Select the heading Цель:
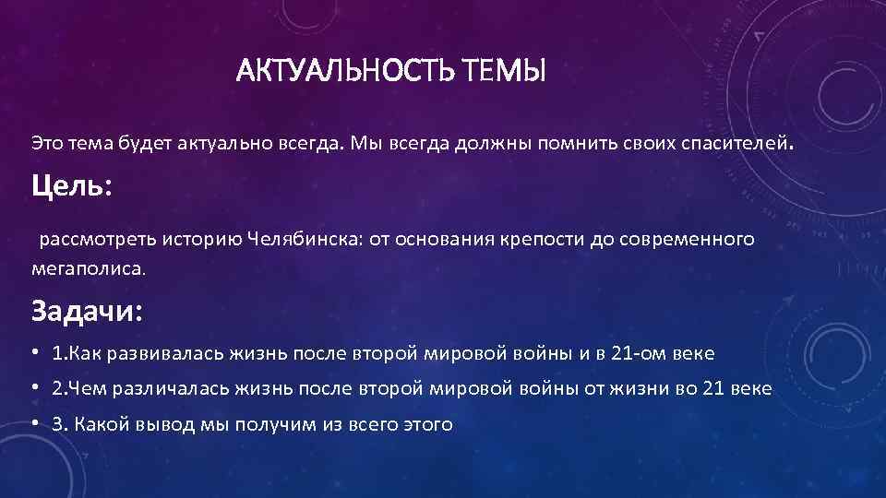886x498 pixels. tap(72, 187)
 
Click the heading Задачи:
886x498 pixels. tap(88, 310)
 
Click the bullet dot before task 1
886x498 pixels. tap(35, 353)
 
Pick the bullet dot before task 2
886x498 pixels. tap(35, 388)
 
